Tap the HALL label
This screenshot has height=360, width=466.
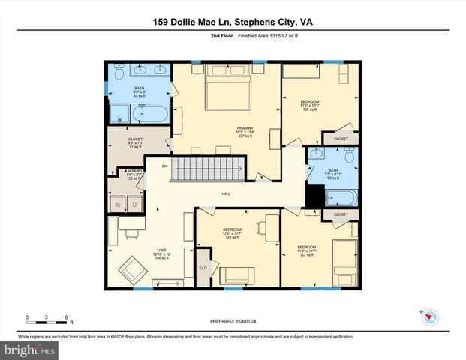pos(226,194)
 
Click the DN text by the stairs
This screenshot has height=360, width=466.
pos(164,166)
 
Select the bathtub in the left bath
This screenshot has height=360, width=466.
pos(155,115)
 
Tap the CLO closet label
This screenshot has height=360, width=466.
pos(203,268)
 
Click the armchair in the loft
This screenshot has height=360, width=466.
pos(136,268)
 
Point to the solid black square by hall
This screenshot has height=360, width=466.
pos(314,196)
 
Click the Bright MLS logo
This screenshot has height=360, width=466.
pos(30,349)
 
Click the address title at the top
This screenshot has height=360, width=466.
pos(232,22)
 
